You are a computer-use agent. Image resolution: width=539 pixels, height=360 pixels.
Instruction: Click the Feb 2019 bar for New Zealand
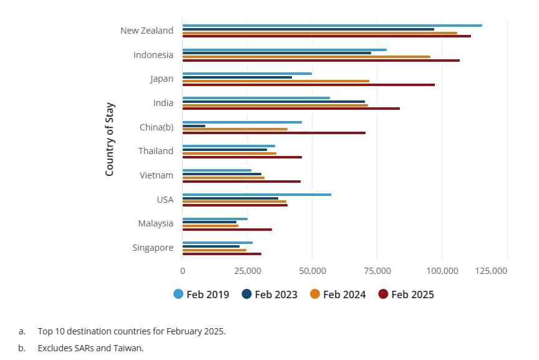(x=332, y=26)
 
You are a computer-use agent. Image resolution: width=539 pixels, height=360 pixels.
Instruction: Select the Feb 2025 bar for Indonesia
(x=321, y=61)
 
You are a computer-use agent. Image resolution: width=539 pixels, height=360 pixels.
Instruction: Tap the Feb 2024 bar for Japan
(x=276, y=81)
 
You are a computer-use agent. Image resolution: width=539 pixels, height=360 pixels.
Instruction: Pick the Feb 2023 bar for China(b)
(x=193, y=126)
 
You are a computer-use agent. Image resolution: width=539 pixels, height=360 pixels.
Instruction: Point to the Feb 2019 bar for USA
(x=256, y=195)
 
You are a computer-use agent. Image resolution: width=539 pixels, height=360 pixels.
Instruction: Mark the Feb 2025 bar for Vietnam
(x=241, y=182)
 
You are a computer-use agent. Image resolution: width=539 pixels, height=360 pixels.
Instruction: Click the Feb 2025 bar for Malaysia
(x=227, y=230)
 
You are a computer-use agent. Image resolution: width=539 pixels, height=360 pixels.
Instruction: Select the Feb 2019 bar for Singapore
(x=217, y=243)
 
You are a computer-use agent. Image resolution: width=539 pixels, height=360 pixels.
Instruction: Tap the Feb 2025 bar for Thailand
(x=242, y=157)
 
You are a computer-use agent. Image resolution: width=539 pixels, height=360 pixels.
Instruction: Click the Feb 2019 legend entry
(x=202, y=294)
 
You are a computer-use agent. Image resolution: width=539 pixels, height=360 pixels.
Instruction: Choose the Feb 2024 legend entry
(x=337, y=294)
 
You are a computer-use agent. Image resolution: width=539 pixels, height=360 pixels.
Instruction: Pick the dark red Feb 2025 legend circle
(x=384, y=294)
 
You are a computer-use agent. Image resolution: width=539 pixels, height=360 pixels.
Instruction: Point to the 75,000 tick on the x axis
(x=377, y=271)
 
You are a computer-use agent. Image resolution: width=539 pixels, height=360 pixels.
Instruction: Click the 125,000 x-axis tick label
(x=507, y=271)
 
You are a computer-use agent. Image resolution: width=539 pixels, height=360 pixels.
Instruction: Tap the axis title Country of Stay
(x=109, y=139)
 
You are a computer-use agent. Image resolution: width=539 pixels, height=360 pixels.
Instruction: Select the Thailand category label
(x=156, y=151)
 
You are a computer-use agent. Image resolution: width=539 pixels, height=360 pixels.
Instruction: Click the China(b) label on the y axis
(x=157, y=127)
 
